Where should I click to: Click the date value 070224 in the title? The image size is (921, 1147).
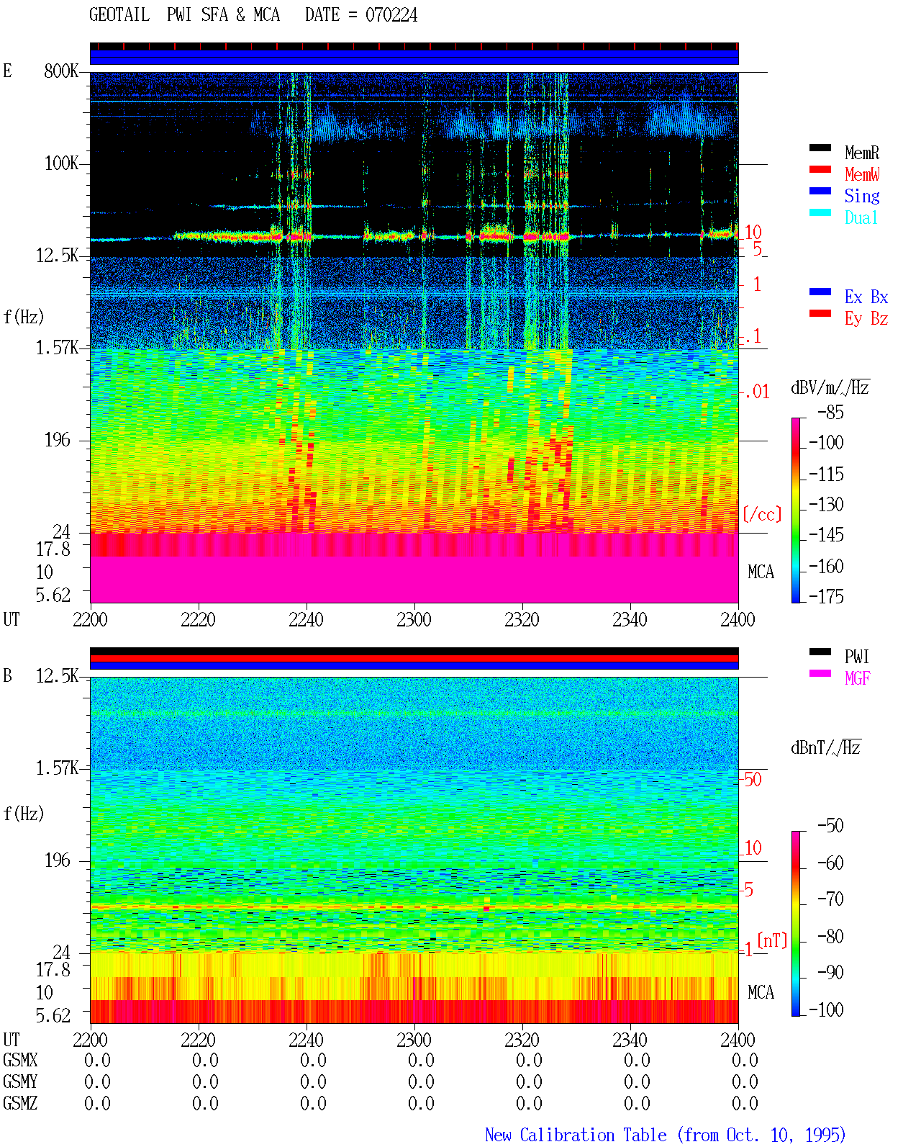pos(391,15)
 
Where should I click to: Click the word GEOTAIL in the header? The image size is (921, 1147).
pos(119,15)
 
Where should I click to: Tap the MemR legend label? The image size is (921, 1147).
pos(861,153)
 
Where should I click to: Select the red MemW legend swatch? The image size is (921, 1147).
pos(820,169)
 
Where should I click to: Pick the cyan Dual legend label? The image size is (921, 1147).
pos(861,217)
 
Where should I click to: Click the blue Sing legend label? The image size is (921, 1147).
pos(861,196)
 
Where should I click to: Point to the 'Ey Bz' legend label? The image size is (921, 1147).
pos(866,318)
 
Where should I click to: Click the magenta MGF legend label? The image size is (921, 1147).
pos(857,678)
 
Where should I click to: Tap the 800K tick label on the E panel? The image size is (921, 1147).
pos(61,71)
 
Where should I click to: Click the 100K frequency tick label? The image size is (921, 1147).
pos(61,163)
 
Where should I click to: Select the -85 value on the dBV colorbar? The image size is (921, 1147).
pos(830,412)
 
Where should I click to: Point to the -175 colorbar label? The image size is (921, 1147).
pos(826,596)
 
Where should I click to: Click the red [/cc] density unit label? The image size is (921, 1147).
pos(762,514)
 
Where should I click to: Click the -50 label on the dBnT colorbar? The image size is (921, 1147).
pos(830,826)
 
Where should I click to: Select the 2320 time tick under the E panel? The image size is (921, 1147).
pos(522,620)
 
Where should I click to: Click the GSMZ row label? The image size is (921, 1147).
pos(20,1103)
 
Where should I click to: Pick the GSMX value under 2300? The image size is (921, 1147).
pos(421,1060)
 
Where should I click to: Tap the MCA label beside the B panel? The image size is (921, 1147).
pos(761,992)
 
